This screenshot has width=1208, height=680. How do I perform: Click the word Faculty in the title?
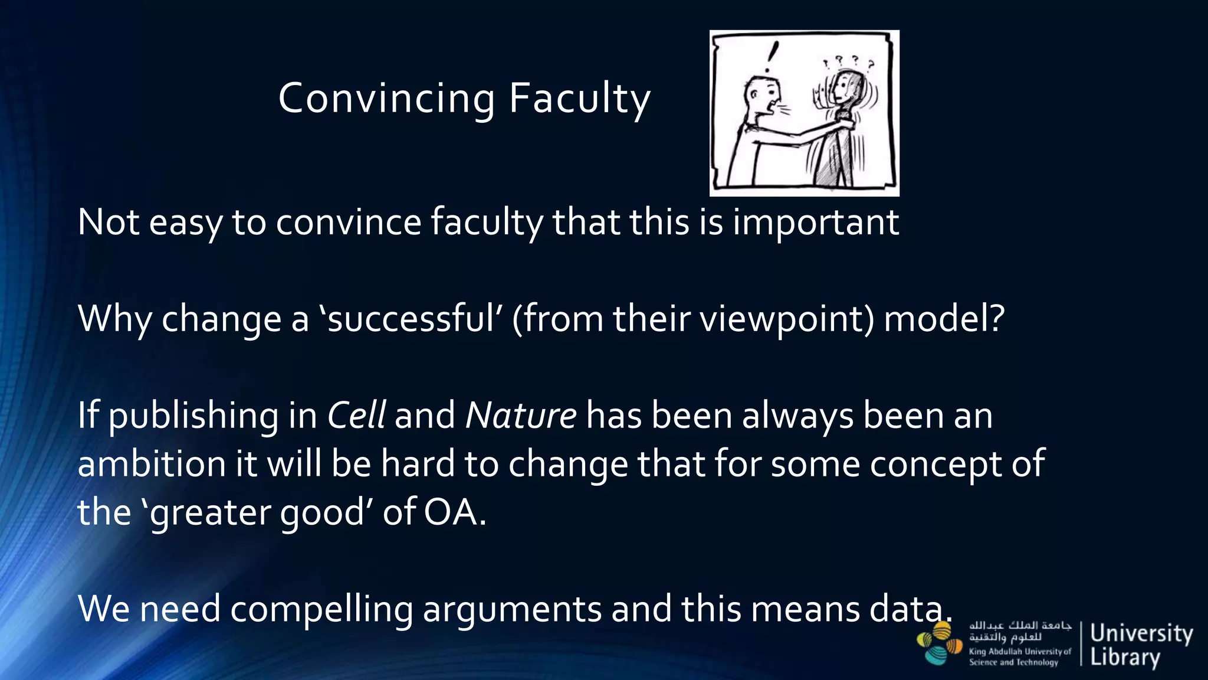579,99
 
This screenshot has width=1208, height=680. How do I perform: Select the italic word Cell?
356,415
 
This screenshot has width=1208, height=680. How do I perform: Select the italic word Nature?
521,415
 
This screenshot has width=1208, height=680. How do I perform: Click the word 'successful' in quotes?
410,319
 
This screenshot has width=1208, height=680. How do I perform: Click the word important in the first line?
816,223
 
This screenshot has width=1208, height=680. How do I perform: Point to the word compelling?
321,609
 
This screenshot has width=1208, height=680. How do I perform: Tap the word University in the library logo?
1141,634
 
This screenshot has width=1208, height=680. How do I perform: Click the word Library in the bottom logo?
1125,656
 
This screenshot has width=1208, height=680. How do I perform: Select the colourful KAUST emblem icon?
940,644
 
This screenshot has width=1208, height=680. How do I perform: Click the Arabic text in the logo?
1020,631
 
